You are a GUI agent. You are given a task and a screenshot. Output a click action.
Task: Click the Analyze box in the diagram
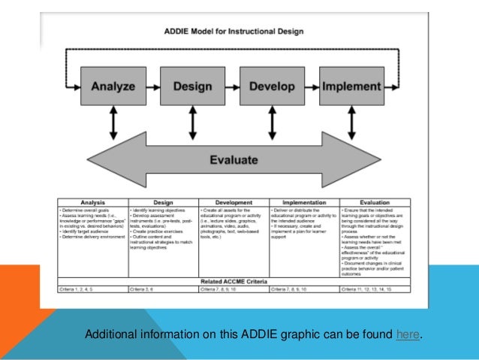(x=113, y=86)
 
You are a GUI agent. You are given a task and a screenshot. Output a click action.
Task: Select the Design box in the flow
(x=193, y=86)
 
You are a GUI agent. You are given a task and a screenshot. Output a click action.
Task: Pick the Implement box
(x=352, y=86)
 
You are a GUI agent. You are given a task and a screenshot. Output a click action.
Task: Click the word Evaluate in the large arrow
(x=233, y=159)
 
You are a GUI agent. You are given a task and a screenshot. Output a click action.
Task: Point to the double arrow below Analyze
(x=113, y=123)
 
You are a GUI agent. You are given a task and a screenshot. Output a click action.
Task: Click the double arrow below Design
(x=193, y=123)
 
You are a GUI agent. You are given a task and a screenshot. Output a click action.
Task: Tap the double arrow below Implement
(x=352, y=123)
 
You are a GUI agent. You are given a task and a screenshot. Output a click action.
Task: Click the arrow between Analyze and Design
(x=152, y=86)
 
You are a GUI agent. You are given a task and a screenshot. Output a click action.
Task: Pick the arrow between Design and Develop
(x=233, y=86)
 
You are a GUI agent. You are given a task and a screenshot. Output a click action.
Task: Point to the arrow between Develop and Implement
(x=312, y=86)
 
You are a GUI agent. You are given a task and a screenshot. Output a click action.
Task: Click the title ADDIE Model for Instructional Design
(x=233, y=32)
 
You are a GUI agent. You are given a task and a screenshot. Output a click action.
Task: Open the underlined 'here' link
(x=408, y=334)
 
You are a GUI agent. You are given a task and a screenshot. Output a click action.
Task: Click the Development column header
(x=233, y=202)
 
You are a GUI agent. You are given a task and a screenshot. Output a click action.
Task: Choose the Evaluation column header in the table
(x=375, y=202)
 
